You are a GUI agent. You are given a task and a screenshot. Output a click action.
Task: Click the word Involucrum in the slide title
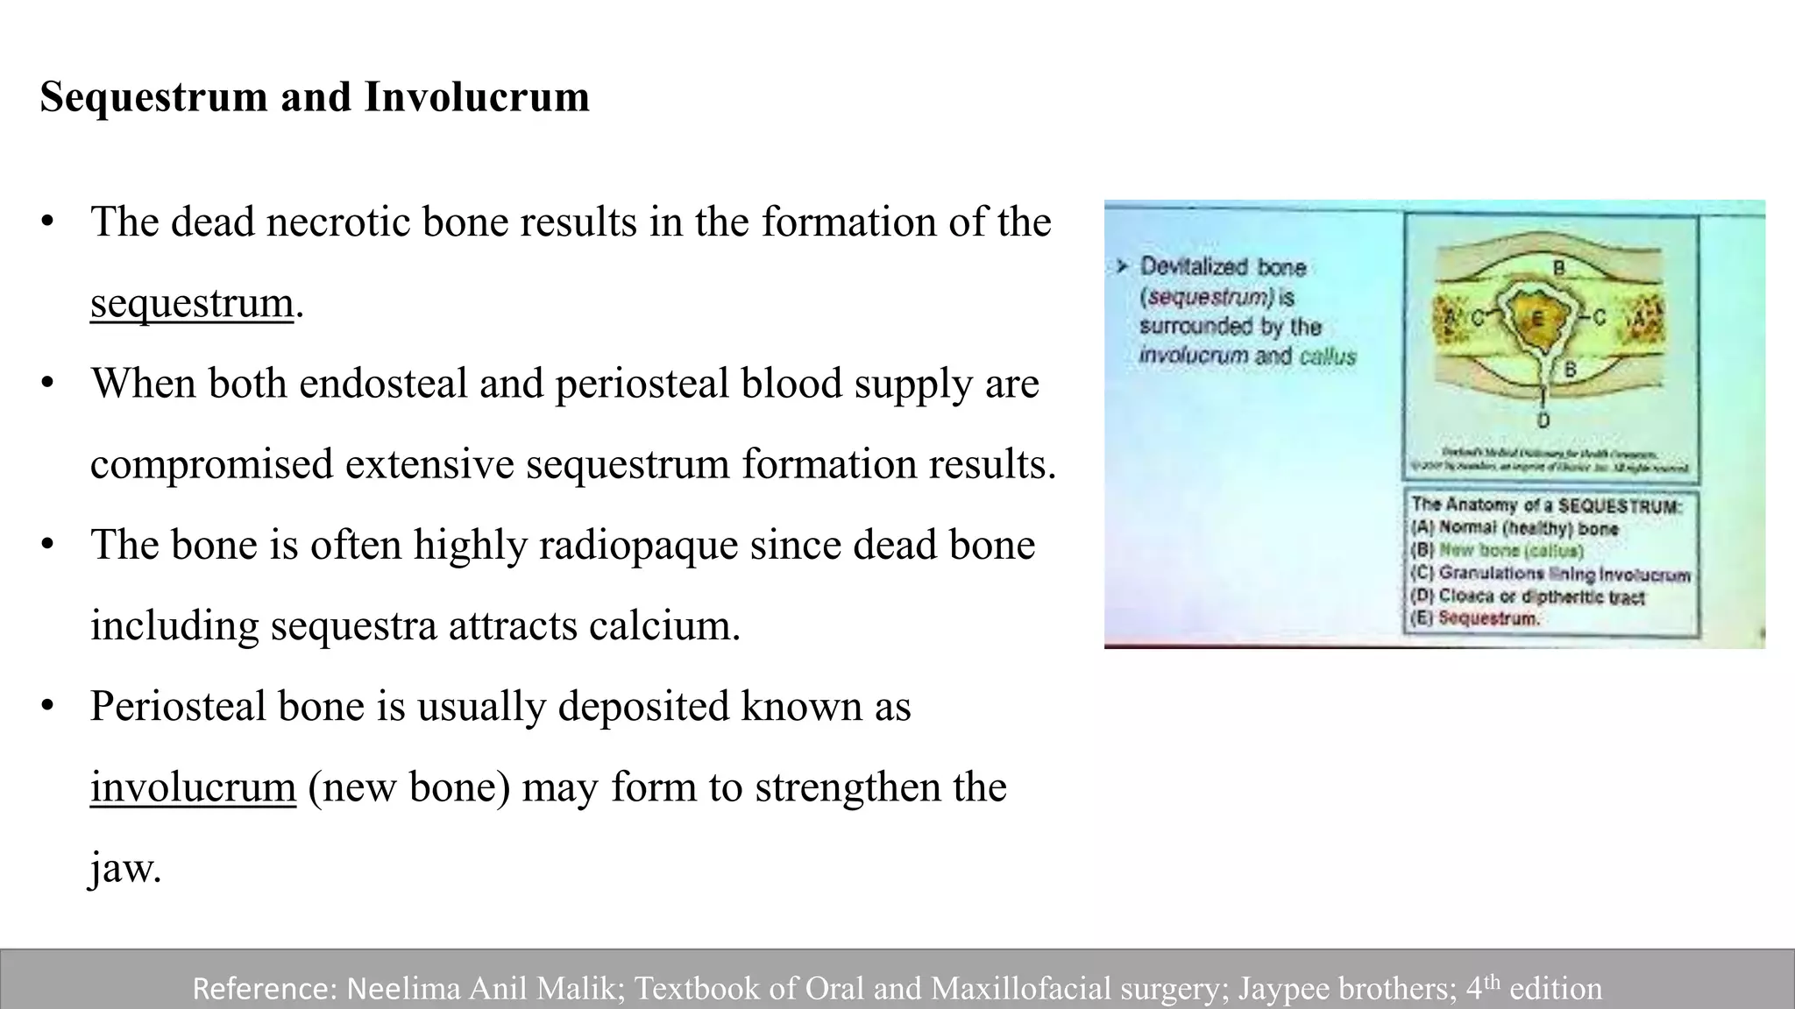[477, 97]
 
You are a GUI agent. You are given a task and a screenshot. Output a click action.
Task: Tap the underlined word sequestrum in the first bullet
[191, 303]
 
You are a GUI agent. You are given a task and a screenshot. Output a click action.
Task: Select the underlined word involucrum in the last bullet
[193, 787]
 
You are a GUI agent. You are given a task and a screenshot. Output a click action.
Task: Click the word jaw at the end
[125, 867]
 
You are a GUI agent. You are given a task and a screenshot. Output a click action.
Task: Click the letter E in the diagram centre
[1536, 319]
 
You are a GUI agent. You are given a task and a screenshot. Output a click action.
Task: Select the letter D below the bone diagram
[1543, 420]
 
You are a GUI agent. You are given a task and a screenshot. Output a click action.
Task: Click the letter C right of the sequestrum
[1598, 318]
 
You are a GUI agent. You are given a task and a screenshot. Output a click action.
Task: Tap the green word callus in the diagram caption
[1328, 356]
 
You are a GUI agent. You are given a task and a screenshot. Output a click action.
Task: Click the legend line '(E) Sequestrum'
[1475, 618]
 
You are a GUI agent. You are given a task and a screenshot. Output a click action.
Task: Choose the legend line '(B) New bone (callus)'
[1497, 551]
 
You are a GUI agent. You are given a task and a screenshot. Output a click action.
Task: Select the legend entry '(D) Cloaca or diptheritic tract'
[1527, 596]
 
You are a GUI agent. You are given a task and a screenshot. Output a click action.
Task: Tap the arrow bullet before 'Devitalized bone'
[1122, 266]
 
